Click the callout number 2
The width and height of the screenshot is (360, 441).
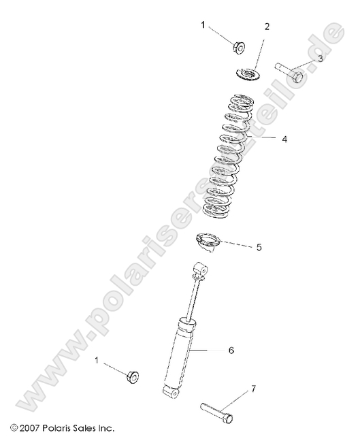coord(267,27)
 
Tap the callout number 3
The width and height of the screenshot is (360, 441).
coord(321,59)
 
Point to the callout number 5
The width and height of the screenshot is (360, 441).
coord(259,247)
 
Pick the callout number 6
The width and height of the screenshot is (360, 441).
coord(231,350)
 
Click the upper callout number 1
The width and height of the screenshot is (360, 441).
coord(202,24)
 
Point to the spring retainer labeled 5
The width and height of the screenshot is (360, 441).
coord(206,242)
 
